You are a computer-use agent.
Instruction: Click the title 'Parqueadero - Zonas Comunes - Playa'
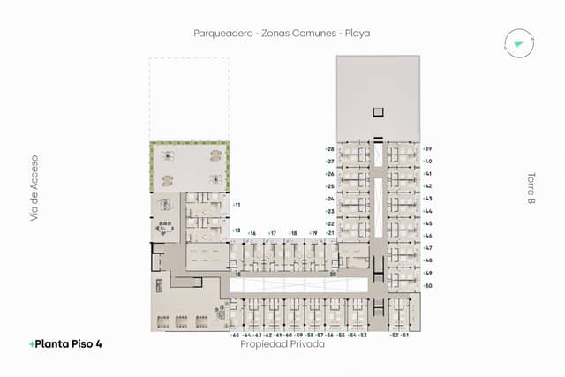(x=282, y=33)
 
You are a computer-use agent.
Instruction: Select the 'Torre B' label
(x=531, y=188)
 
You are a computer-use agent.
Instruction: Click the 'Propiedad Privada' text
(x=282, y=345)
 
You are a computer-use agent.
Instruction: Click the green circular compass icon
(x=515, y=41)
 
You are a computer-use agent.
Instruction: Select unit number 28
(x=330, y=149)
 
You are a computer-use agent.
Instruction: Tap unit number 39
(x=427, y=149)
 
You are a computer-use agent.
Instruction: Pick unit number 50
(x=427, y=285)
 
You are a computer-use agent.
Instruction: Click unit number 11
(x=237, y=205)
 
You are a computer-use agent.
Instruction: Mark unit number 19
(x=313, y=233)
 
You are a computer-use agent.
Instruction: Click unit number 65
(x=235, y=336)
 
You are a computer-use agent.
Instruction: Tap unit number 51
(x=405, y=336)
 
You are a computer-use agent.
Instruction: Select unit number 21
(x=330, y=233)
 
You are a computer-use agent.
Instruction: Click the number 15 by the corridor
(x=237, y=275)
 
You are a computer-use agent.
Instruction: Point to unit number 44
(x=427, y=211)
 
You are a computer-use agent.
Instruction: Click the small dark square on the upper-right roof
(x=379, y=111)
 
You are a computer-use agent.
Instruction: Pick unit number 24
(x=330, y=199)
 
